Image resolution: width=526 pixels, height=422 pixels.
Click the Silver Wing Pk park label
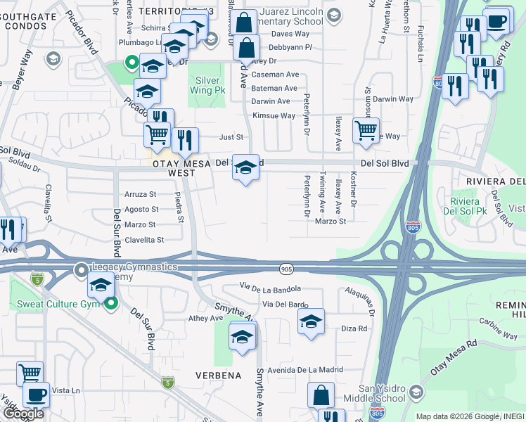[208, 86]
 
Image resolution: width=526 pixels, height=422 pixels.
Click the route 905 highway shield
[286, 269]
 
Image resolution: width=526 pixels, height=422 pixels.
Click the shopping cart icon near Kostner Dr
[366, 130]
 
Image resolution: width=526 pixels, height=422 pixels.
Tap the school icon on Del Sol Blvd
[245, 167]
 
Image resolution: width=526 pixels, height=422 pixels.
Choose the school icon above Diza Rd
[311, 321]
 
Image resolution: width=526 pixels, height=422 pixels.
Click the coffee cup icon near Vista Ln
[36, 395]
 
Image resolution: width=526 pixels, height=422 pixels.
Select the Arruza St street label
[141, 194]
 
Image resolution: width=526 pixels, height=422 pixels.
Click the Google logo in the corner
[23, 414]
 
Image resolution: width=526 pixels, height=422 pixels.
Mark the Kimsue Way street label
[274, 115]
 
